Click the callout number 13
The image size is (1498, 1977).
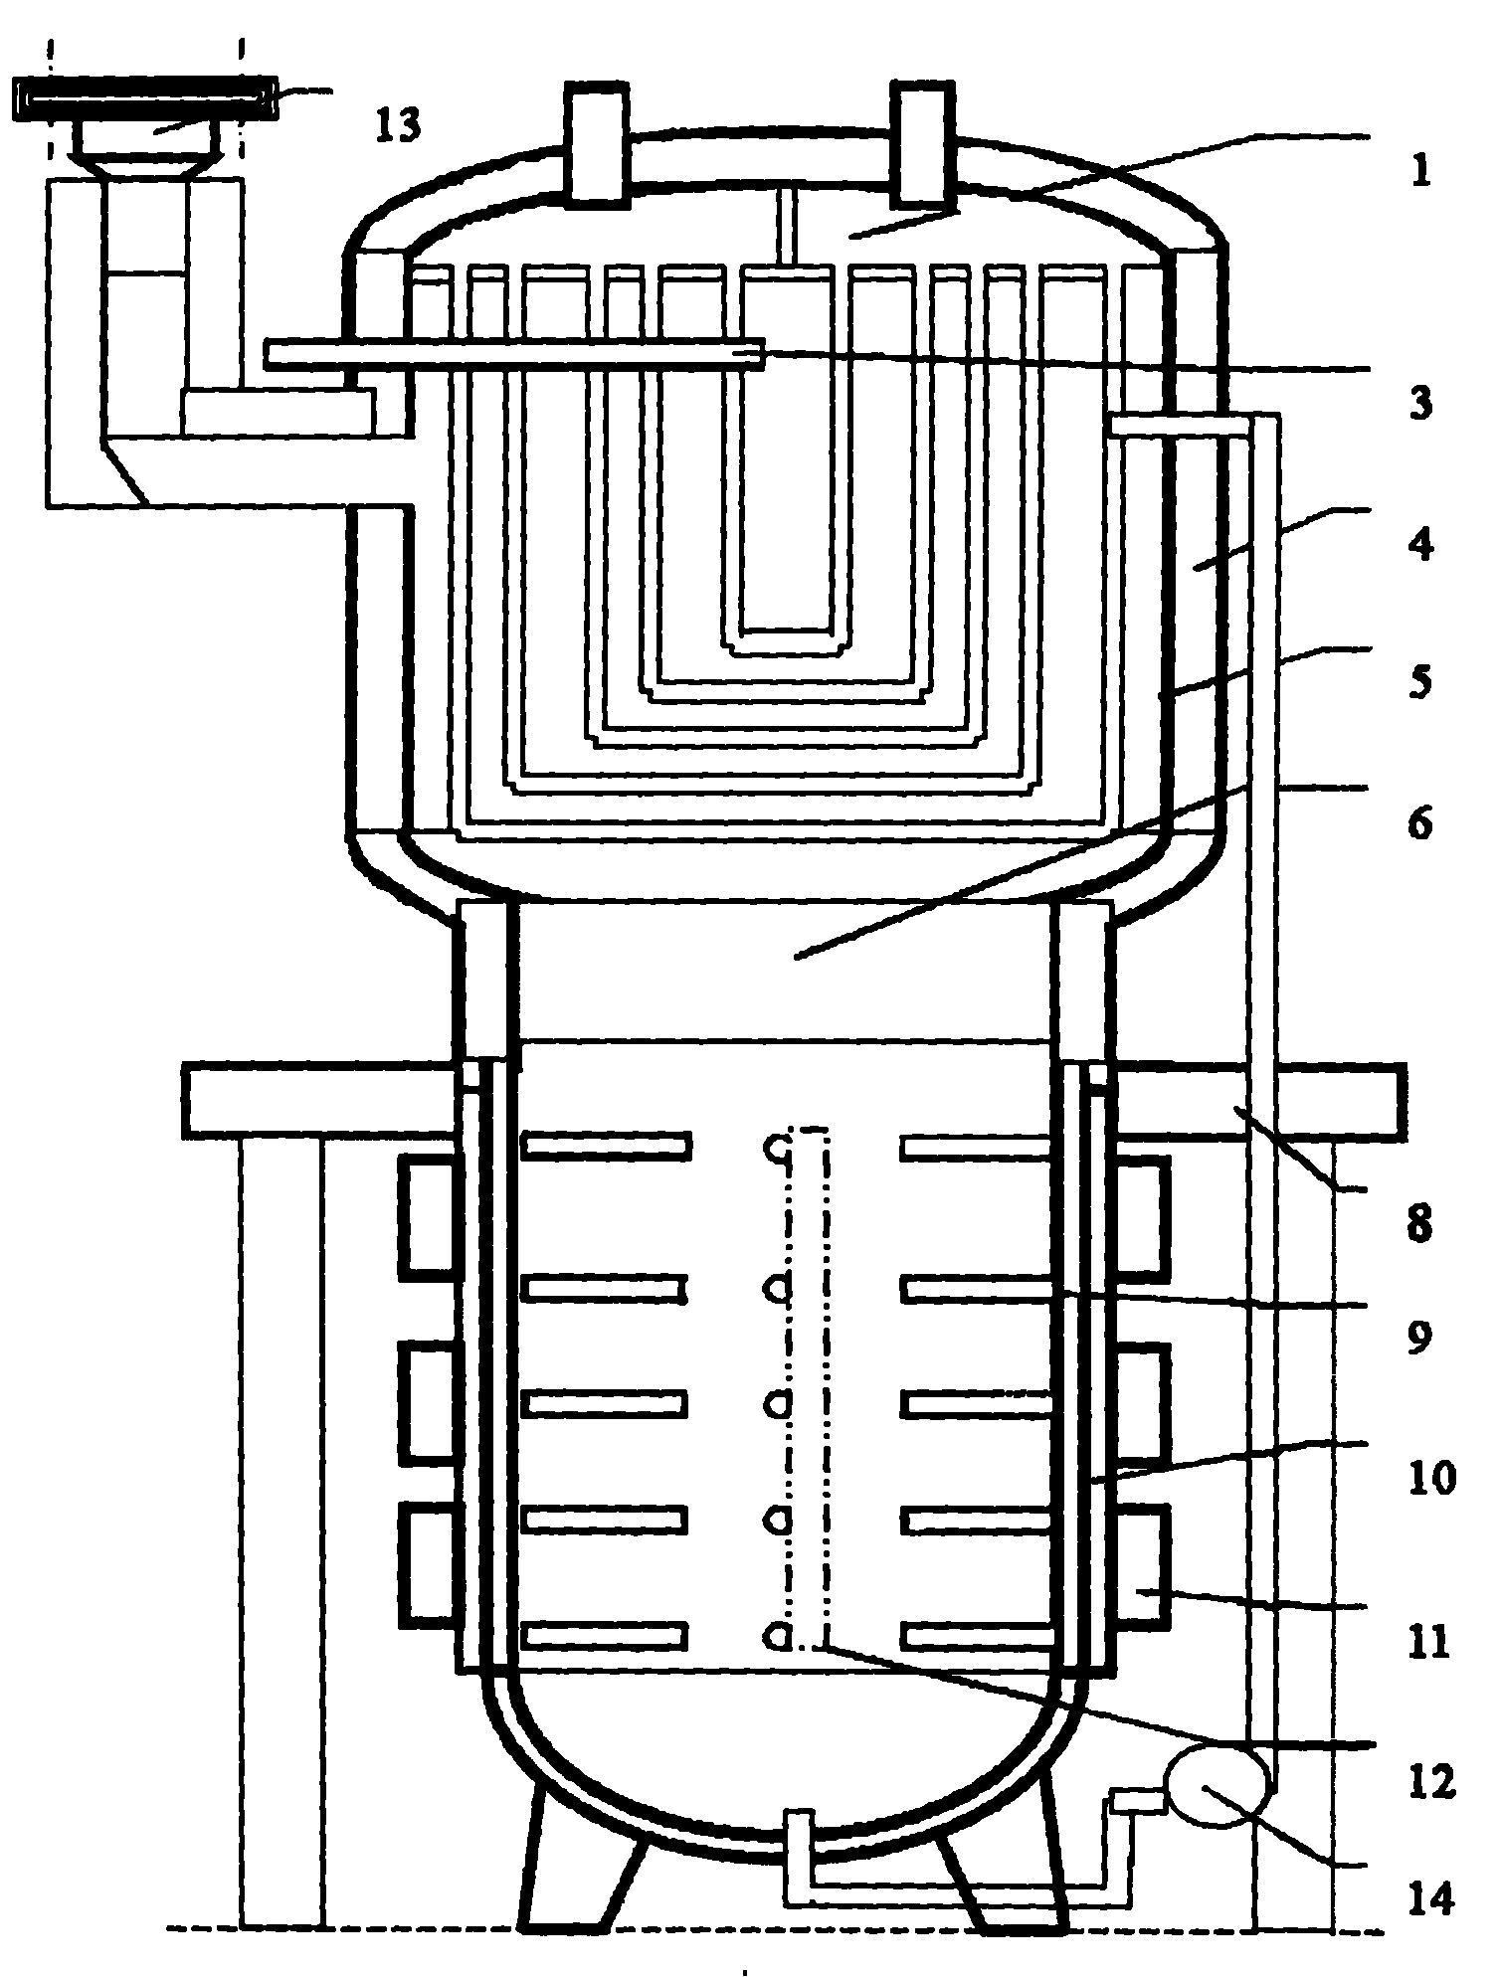398,126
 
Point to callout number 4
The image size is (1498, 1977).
1420,545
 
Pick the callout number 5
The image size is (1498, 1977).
1420,683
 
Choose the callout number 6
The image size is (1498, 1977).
1420,822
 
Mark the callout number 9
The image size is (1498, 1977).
1420,1337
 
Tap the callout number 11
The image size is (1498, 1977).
1426,1642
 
